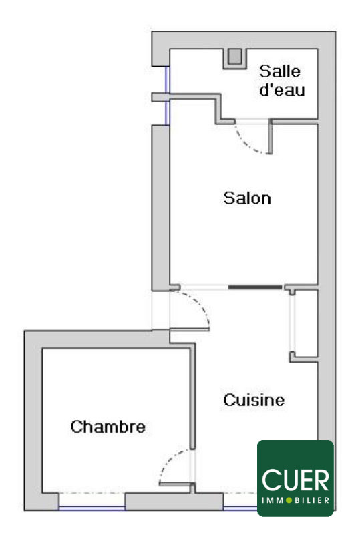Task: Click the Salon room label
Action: pos(247,198)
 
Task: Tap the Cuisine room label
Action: pos(254,400)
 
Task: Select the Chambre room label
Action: pos(108,427)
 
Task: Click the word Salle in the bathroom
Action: pos(280,71)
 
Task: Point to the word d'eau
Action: pos(282,89)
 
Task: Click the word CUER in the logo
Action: pos(295,480)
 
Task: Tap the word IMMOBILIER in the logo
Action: pos(295,500)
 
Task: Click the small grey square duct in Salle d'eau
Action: pos(235,57)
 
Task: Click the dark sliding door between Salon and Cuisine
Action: pos(255,287)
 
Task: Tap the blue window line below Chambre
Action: pos(92,508)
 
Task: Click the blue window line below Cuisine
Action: pos(240,508)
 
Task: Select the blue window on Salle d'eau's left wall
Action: pos(167,96)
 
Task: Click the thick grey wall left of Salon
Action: pos(160,208)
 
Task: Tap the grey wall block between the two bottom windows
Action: pos(174,502)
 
